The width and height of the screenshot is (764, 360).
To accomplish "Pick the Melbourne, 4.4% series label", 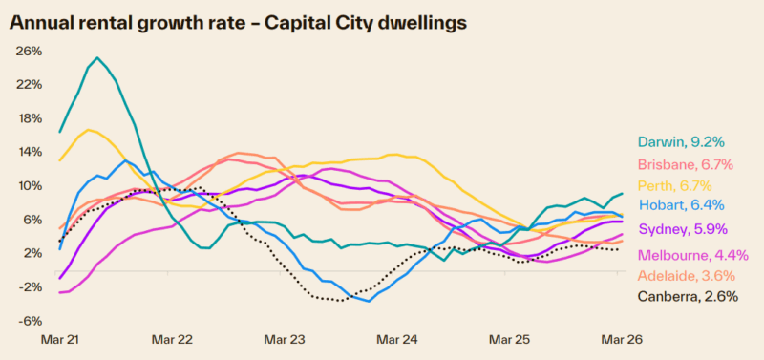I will (x=689, y=255).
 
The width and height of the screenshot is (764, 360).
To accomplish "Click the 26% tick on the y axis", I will (x=30, y=51).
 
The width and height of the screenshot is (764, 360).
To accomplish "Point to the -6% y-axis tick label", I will (x=30, y=320).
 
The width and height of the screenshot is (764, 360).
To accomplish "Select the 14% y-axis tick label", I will (x=30, y=152).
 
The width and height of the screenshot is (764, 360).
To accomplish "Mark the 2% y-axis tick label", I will (x=32, y=252).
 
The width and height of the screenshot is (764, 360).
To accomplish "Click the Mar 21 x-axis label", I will (x=61, y=339).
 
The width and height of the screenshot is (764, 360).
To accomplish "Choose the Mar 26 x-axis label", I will (x=620, y=339).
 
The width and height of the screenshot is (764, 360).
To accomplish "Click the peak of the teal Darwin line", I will (x=97, y=57).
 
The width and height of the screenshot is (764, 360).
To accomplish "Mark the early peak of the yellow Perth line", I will (x=90, y=130).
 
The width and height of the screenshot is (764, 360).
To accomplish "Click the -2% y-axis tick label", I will (x=30, y=286).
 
